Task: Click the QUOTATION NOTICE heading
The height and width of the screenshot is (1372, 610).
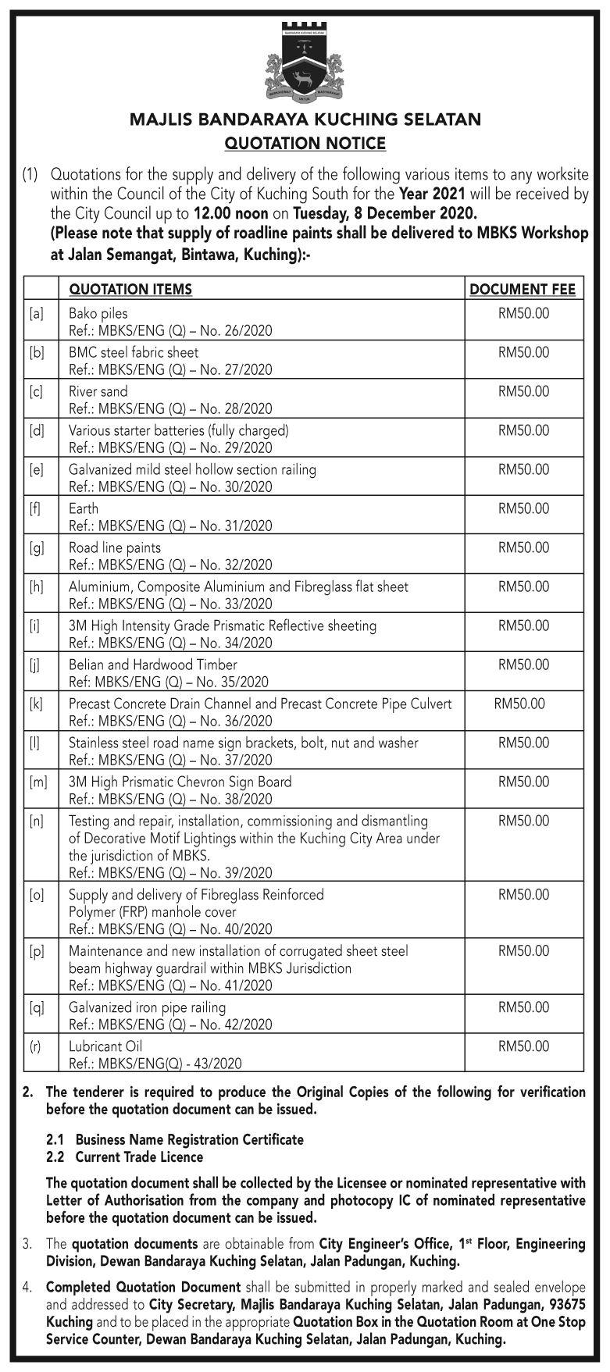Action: (x=305, y=144)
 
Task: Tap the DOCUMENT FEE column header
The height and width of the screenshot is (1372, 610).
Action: (x=523, y=290)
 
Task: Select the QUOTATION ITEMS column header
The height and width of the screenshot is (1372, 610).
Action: (x=130, y=290)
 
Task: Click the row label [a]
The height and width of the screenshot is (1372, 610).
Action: (x=36, y=314)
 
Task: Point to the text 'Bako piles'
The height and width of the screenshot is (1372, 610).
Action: (x=98, y=314)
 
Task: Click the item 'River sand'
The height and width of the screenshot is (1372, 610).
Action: (x=98, y=392)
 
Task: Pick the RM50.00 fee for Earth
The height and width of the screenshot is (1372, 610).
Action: (x=523, y=509)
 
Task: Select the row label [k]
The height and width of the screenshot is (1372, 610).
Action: (x=36, y=704)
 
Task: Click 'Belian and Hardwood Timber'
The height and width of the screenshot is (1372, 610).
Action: (x=152, y=665)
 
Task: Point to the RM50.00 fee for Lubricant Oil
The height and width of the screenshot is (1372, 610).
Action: (x=523, y=1046)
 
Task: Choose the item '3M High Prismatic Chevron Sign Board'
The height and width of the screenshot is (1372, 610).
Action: (x=180, y=782)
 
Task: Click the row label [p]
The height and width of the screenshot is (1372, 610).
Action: (x=36, y=951)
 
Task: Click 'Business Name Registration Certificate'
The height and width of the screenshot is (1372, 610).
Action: (x=189, y=1140)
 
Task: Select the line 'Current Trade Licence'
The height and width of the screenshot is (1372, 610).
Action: (x=139, y=1157)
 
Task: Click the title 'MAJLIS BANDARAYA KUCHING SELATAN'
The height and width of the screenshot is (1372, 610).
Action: (x=305, y=119)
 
